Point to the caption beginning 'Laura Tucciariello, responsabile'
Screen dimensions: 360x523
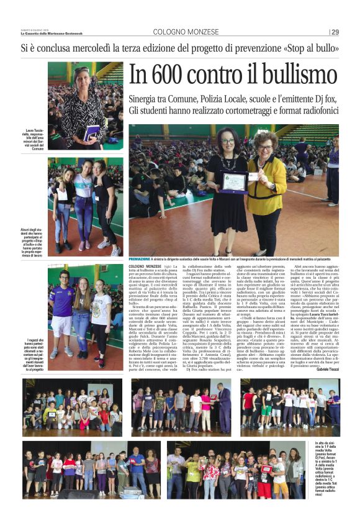click(x=34, y=140)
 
